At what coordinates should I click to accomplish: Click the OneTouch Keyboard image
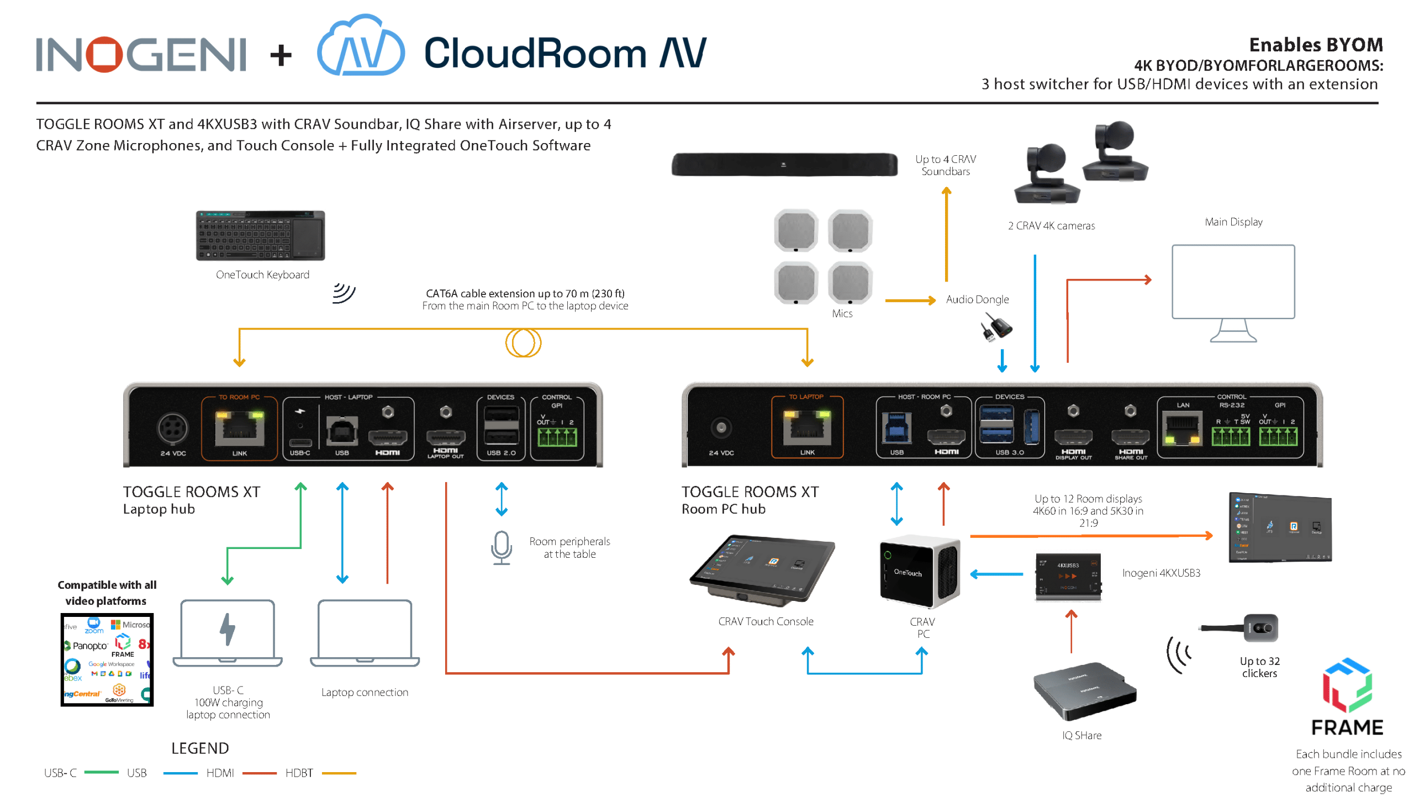coord(260,235)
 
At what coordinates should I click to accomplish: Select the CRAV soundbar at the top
coord(784,165)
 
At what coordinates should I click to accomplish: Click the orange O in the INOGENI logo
coord(104,54)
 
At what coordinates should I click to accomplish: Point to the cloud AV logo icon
coord(361,47)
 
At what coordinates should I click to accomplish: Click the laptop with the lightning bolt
coord(228,632)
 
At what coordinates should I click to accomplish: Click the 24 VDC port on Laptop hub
coord(172,428)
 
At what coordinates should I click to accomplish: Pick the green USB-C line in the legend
coord(102,773)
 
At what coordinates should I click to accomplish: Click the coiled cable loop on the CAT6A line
coord(523,342)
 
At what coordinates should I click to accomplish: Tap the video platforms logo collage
coord(107,659)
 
